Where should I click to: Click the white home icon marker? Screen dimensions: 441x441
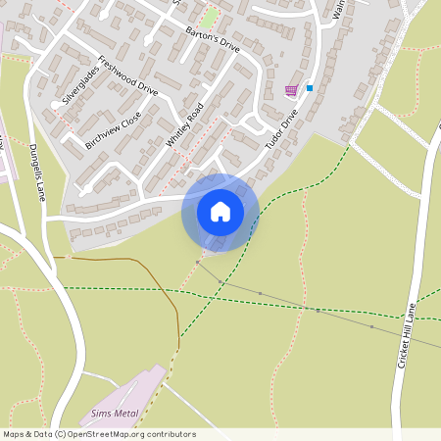[220, 212]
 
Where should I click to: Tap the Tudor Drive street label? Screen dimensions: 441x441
[281, 130]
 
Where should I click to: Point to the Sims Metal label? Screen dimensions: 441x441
[114, 414]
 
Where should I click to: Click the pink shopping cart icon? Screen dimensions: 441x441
[291, 90]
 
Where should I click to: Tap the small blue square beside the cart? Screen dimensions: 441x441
[310, 88]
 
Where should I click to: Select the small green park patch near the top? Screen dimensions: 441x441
[210, 18]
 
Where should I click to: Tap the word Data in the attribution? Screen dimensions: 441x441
[41, 434]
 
